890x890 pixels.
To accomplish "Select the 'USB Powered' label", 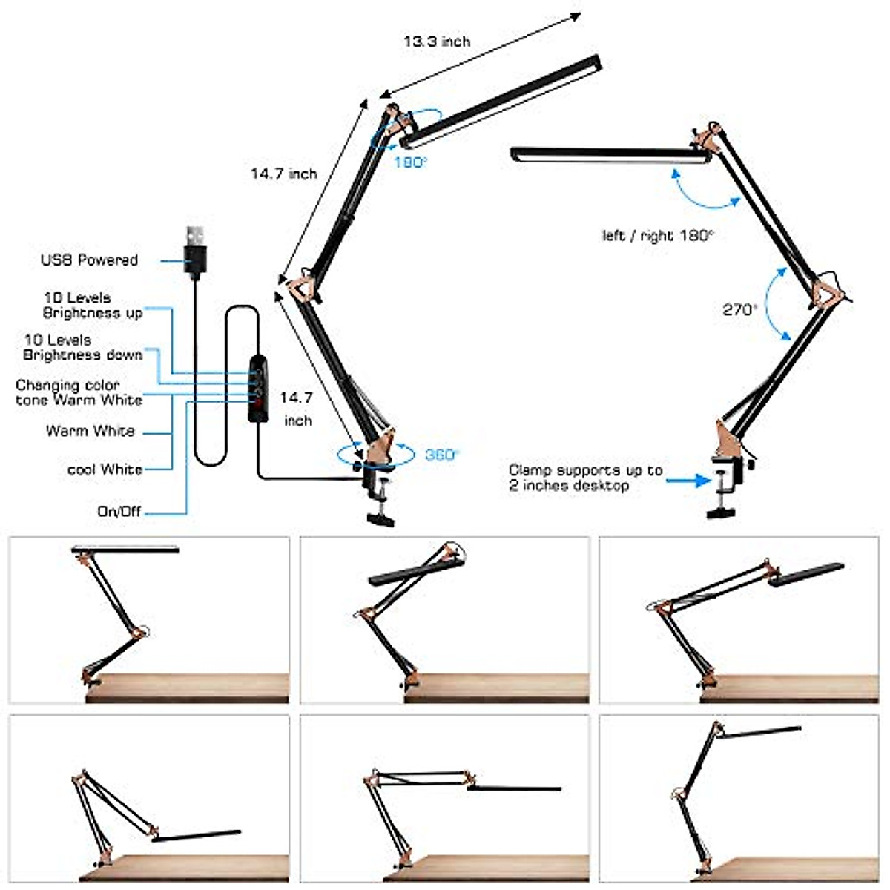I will pos(89,260).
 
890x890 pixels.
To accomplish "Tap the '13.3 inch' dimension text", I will pos(437,42).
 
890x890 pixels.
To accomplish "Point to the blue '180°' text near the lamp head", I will pos(410,162).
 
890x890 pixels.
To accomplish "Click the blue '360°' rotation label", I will pos(442,455).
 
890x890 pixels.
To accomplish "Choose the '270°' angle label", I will pos(739,310).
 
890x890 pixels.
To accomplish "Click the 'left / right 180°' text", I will pos(657,236).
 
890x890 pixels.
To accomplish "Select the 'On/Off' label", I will pos(119,512).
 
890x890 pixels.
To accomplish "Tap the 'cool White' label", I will pos(105,469).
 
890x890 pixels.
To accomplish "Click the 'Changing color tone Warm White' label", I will pos(79,392).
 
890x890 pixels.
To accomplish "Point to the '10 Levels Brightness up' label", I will pos(92,306).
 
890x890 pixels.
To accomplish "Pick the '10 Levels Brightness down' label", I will pos(82,347).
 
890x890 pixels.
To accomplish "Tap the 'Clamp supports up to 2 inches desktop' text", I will pos(585,478).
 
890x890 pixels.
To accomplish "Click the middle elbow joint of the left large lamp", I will pos(301,286).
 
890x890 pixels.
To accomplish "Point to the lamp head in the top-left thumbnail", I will pos(125,550).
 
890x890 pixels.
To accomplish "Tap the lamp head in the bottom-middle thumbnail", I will pos(513,788).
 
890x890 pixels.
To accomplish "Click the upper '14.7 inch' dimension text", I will pos(283,174).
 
